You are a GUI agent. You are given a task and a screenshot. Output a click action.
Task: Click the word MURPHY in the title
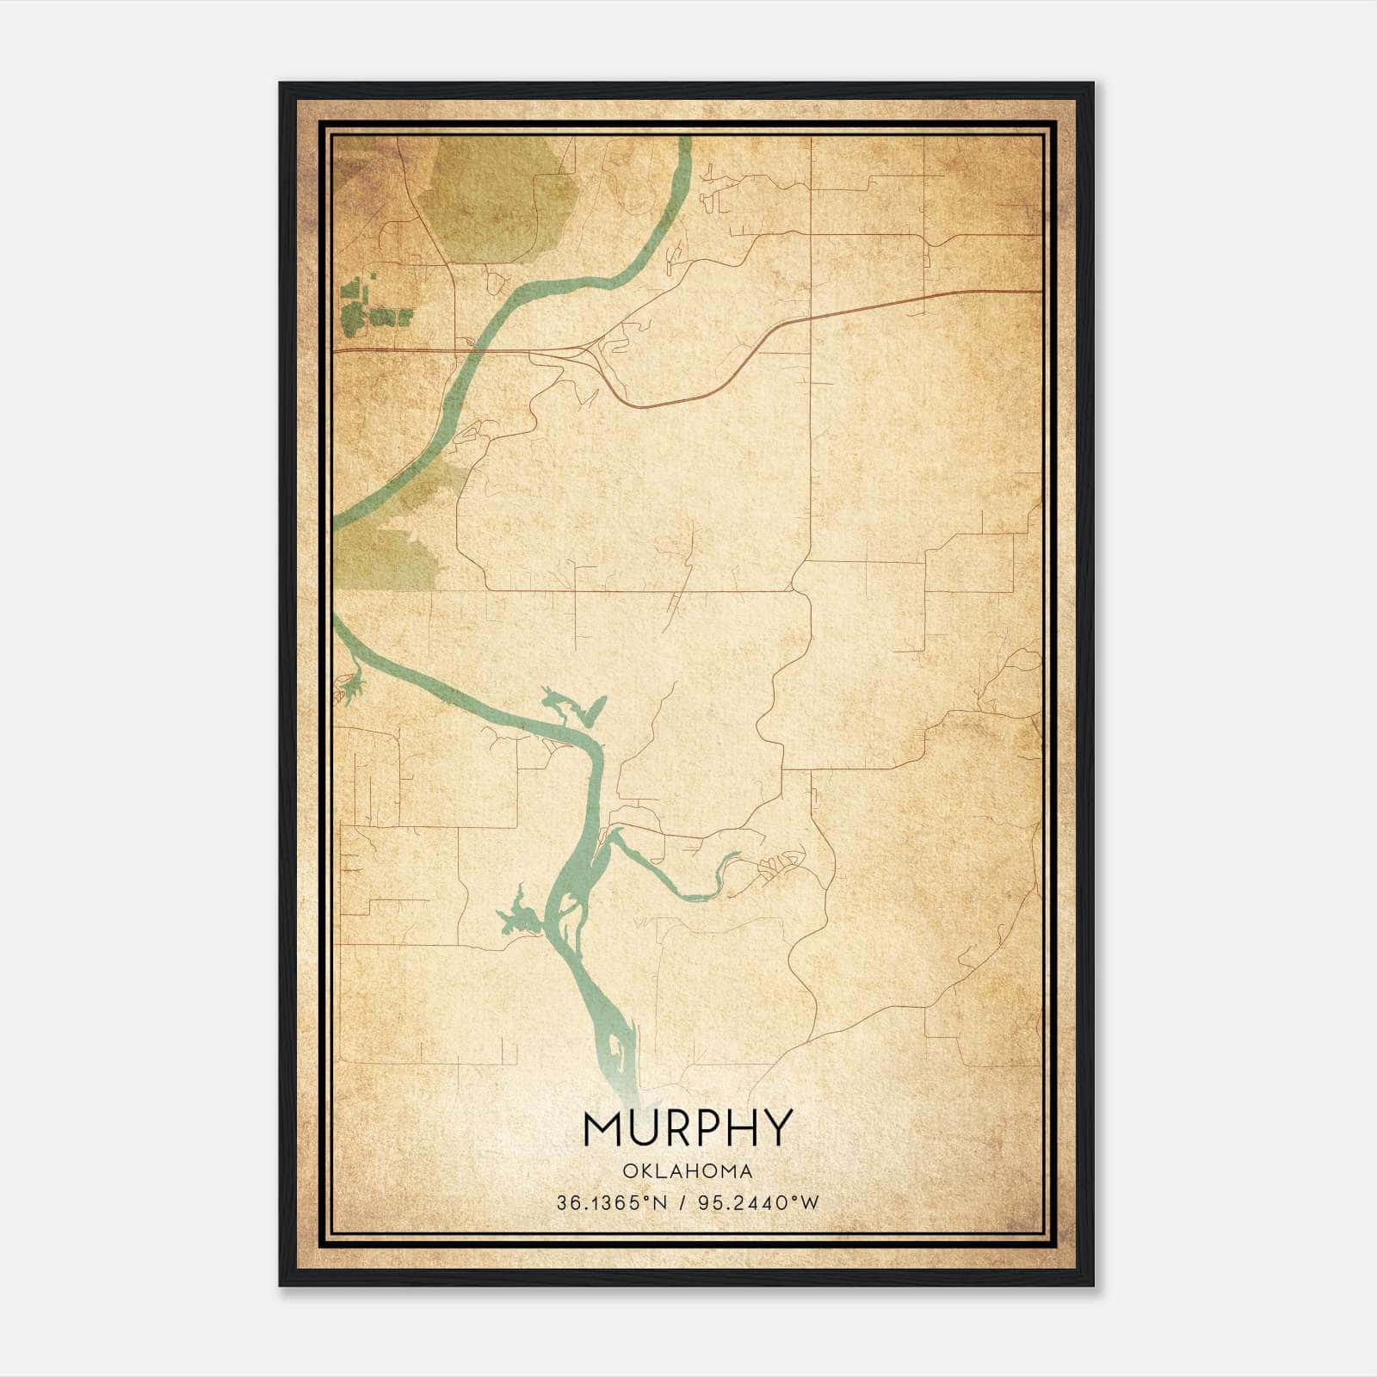687,1128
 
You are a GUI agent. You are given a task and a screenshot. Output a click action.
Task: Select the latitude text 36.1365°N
612,1203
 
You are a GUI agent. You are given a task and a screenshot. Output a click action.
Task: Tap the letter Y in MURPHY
774,1128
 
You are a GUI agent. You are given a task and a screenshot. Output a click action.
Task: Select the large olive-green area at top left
491,198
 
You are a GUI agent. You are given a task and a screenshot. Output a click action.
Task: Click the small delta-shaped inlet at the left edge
351,685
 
